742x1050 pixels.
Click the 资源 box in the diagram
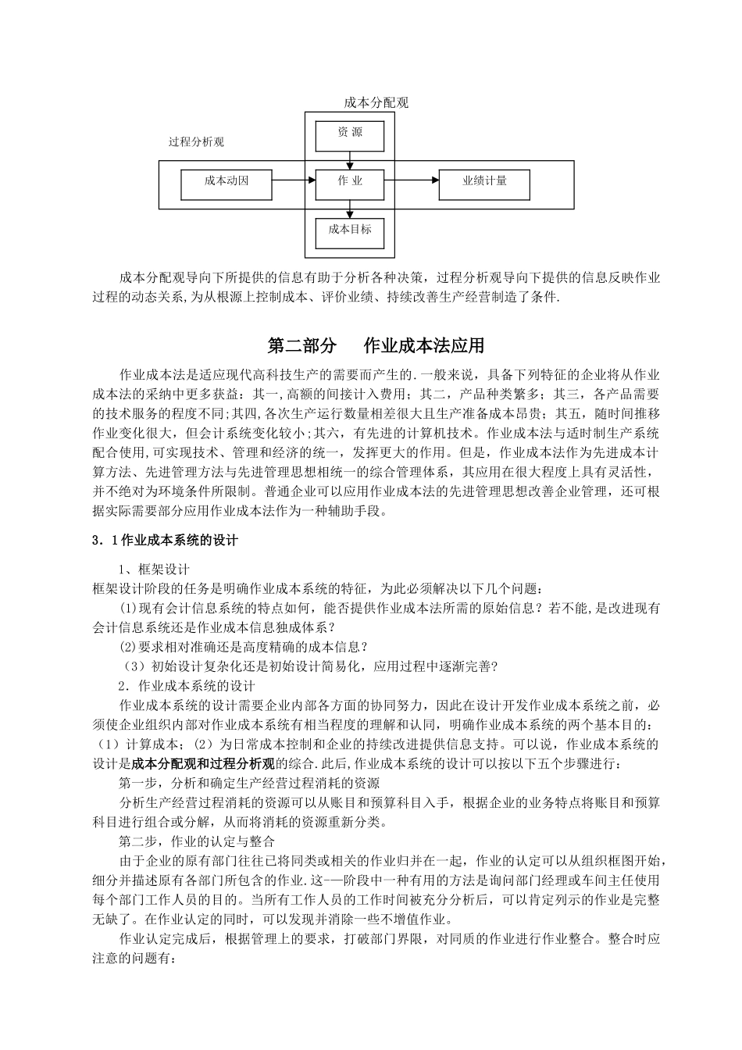click(350, 134)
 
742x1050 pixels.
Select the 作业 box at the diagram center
click(350, 182)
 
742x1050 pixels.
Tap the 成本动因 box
click(227, 182)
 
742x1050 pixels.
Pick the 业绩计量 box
click(484, 182)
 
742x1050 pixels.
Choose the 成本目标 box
click(350, 230)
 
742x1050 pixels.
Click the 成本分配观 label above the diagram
click(376, 102)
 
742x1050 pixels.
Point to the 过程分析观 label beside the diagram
click(197, 142)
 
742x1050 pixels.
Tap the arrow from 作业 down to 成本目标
click(350, 208)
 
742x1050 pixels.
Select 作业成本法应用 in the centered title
click(424, 345)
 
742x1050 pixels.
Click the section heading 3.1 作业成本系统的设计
click(166, 539)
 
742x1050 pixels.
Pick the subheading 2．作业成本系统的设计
click(187, 686)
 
